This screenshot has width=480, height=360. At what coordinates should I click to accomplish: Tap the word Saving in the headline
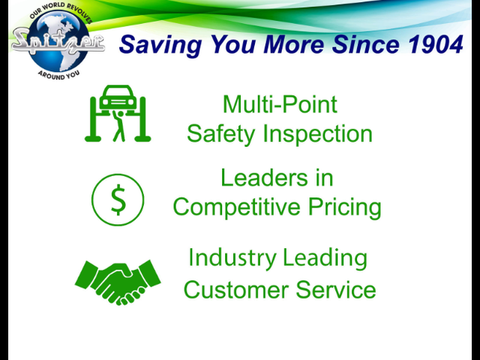(160, 45)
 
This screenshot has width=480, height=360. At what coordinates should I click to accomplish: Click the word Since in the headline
(366, 44)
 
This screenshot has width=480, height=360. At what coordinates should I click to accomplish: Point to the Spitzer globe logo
(58, 41)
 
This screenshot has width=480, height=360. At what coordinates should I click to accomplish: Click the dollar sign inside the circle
(118, 200)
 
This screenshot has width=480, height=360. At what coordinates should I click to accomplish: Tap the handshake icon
(118, 282)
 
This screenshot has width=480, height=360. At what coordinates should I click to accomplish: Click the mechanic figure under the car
(118, 126)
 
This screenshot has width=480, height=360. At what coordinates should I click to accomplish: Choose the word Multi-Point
(280, 104)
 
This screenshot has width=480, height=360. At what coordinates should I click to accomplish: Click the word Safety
(220, 133)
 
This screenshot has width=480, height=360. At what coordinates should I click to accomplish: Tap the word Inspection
(318, 133)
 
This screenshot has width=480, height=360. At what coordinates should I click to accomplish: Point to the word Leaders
(264, 178)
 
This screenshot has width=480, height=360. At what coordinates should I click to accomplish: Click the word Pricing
(345, 207)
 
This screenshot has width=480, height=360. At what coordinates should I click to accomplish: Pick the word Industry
(232, 258)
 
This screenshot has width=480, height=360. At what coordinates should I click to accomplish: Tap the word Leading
(325, 258)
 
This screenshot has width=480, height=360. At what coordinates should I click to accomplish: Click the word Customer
(235, 289)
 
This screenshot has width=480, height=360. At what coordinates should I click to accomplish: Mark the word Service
(336, 289)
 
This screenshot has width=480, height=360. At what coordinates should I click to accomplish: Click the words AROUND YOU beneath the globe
(58, 75)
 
